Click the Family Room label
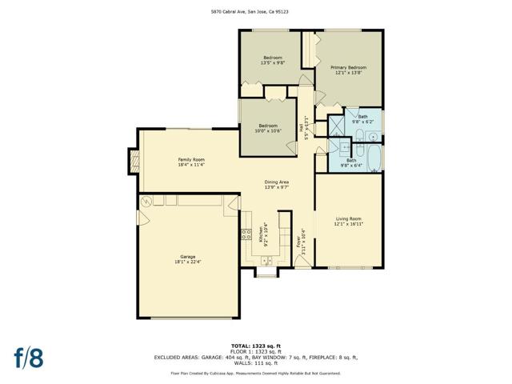coord(191,160)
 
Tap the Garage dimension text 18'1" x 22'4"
coord(188,261)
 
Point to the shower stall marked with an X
coord(337,125)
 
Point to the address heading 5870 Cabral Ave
coord(256,11)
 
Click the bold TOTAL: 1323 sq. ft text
coord(256,346)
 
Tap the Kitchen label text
coord(261,234)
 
